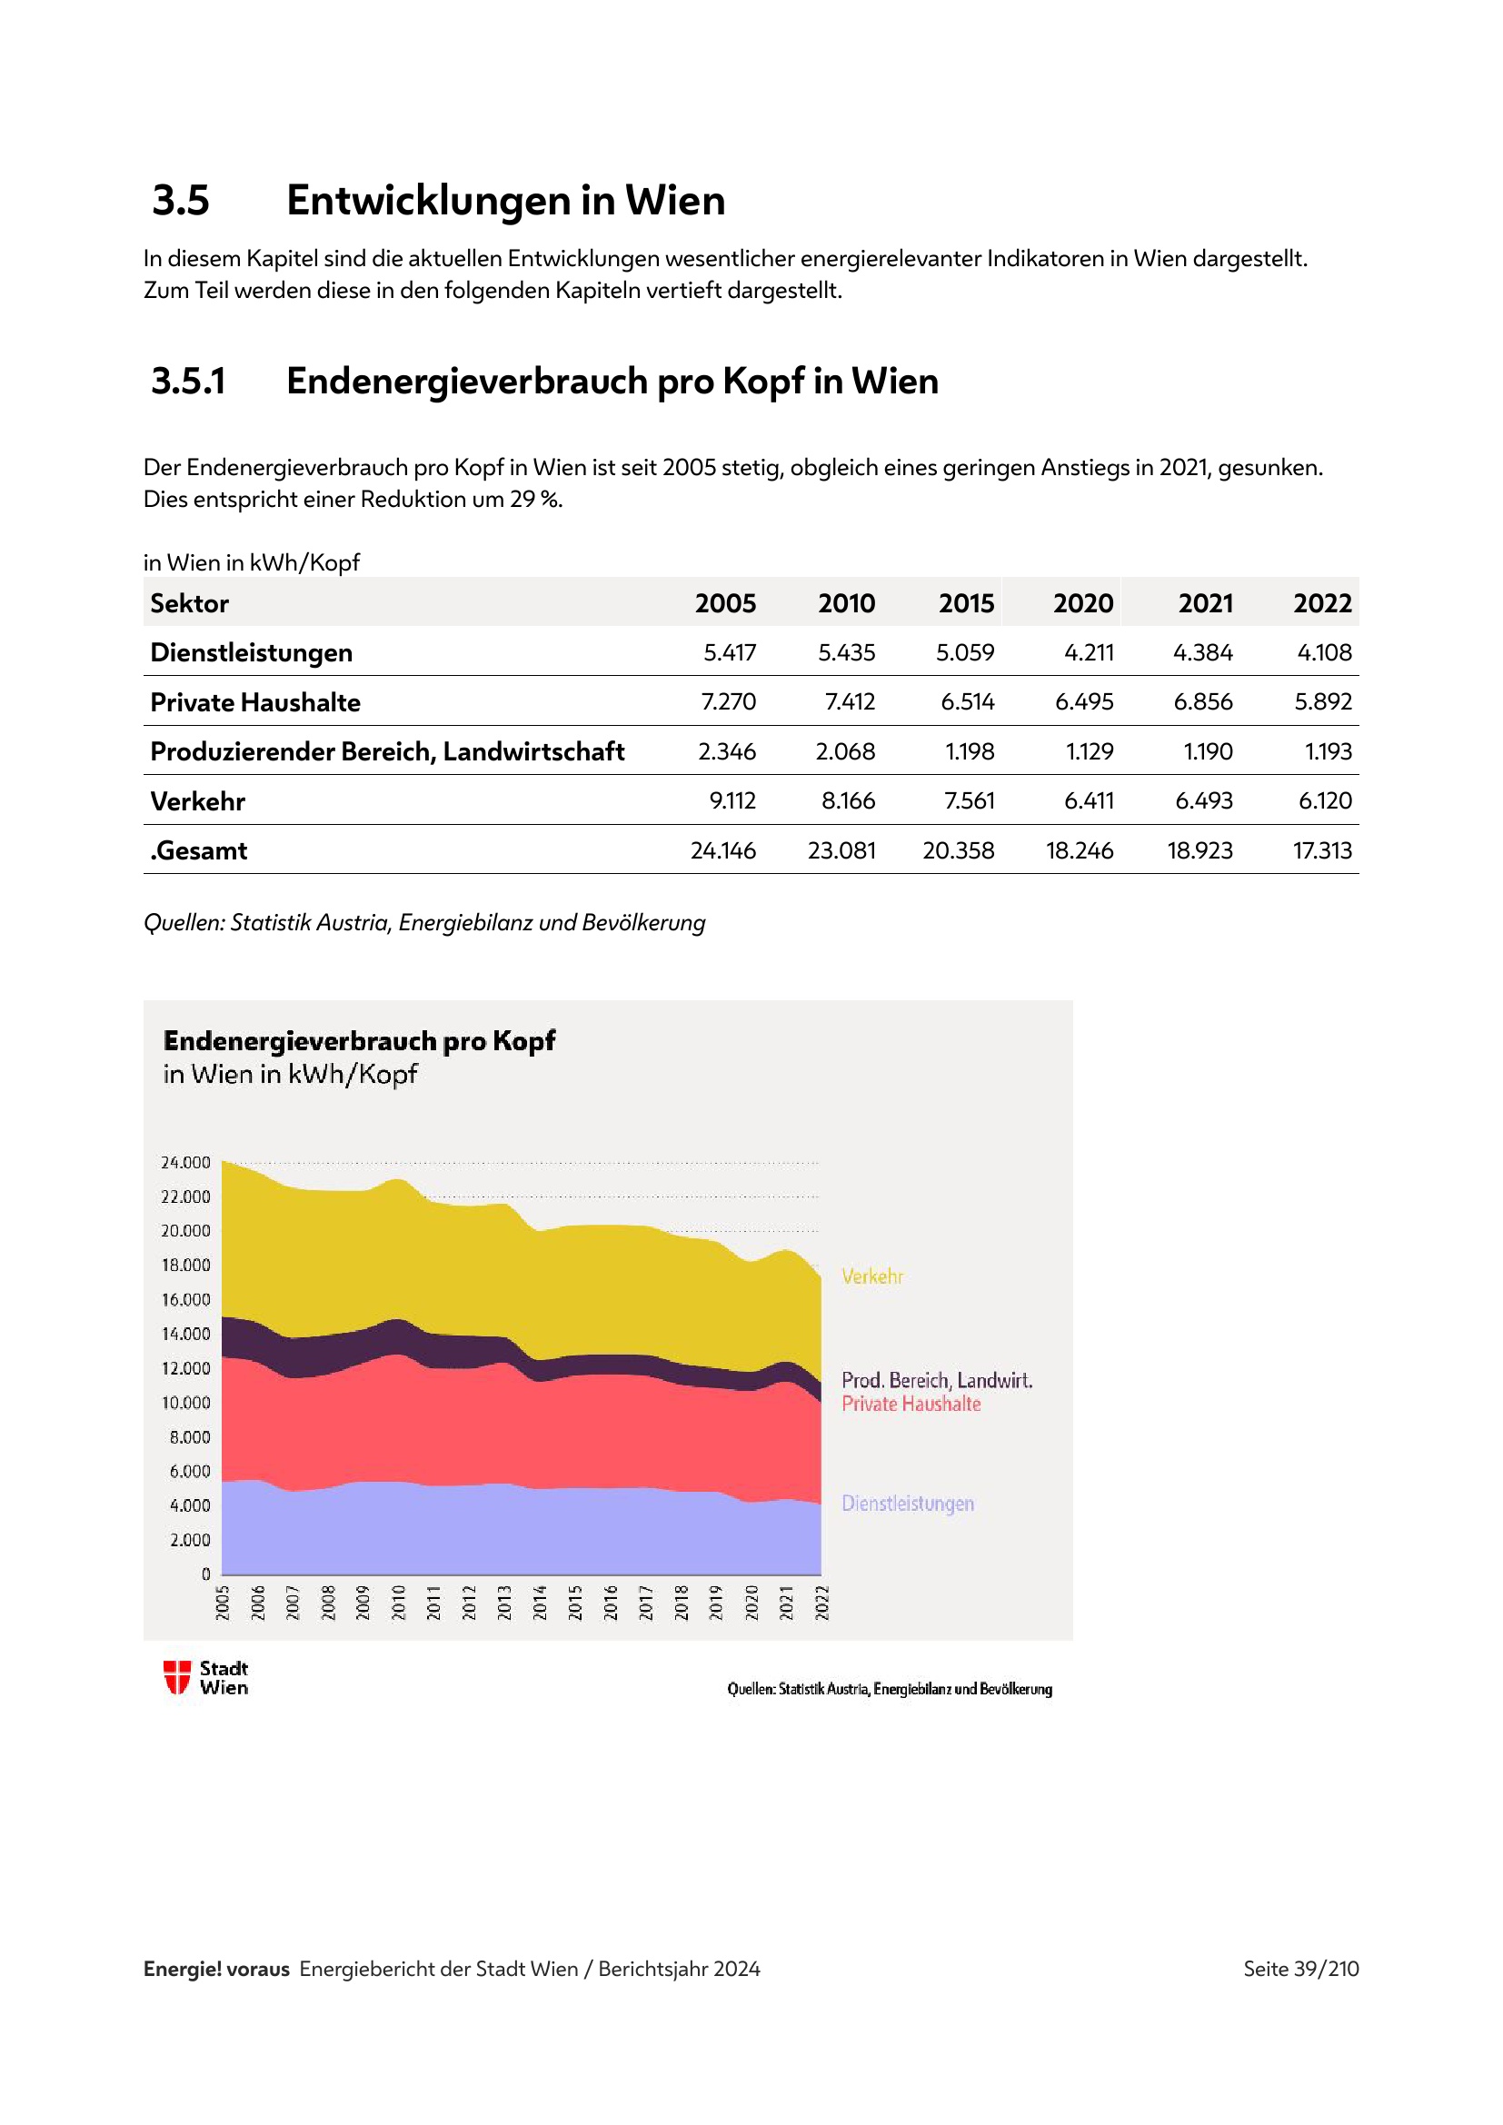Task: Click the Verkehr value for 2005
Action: point(732,800)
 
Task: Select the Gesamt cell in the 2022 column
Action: point(1321,850)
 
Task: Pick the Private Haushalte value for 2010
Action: point(850,701)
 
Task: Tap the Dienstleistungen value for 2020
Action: point(1089,652)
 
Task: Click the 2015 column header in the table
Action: point(966,603)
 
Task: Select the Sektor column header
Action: point(190,603)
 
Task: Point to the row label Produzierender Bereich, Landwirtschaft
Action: point(387,751)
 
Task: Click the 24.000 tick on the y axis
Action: point(186,1163)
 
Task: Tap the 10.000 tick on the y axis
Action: point(186,1403)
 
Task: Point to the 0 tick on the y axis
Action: point(205,1574)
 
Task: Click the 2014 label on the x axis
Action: point(540,1603)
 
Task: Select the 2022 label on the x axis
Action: point(821,1603)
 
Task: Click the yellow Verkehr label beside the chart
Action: point(871,1276)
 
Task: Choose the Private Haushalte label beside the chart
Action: point(911,1404)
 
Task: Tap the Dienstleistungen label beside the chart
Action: point(907,1503)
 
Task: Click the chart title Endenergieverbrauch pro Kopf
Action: point(359,1041)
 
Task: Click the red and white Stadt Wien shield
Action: point(177,1677)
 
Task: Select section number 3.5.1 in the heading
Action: point(189,382)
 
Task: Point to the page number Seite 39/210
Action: point(1300,1969)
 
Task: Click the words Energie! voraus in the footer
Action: point(216,1969)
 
